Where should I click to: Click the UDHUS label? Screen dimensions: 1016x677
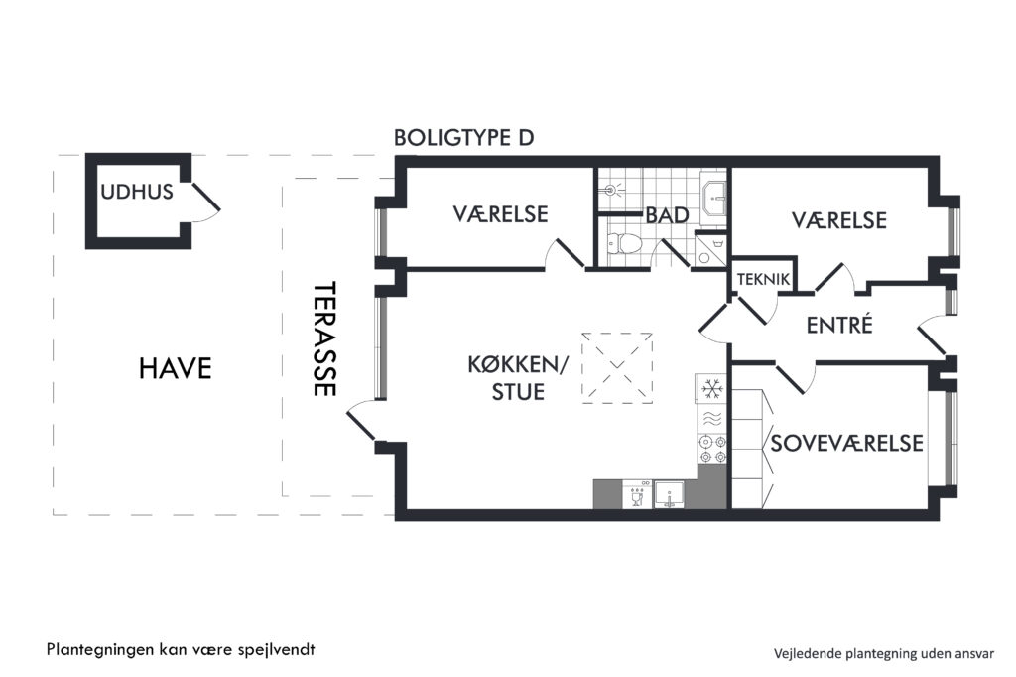tap(137, 192)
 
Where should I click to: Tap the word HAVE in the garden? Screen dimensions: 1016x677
tap(175, 368)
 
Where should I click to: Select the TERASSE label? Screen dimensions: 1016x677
tap(324, 338)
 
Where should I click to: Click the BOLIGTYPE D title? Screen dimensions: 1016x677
tap(464, 137)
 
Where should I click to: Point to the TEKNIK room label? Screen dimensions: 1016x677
tap(763, 279)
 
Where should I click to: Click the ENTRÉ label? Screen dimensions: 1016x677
tap(839, 325)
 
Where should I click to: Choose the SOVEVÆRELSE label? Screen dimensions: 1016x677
tap(846, 443)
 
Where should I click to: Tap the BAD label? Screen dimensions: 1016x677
tap(667, 215)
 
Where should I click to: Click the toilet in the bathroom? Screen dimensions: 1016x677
tap(625, 243)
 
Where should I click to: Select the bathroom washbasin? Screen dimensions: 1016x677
tap(714, 193)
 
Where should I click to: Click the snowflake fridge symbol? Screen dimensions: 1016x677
tap(712, 388)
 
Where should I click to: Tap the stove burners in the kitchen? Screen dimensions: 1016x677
tap(711, 449)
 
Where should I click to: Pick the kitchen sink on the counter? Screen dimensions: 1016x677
tap(670, 494)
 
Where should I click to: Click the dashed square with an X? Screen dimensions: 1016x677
tap(616, 367)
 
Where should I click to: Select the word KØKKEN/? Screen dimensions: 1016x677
tap(517, 364)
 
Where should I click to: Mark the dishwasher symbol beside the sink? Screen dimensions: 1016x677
tap(638, 494)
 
